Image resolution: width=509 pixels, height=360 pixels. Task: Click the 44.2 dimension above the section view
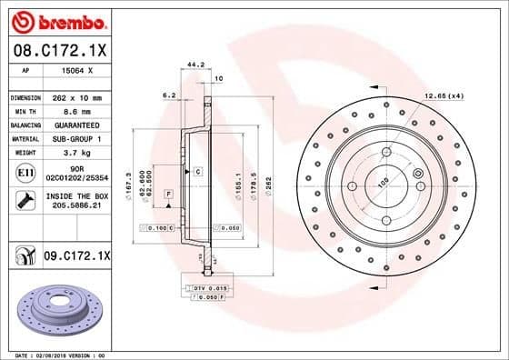tap(193, 65)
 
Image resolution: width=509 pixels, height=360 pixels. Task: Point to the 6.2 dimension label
tap(168, 95)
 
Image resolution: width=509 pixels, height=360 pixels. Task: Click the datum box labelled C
tap(196, 171)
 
